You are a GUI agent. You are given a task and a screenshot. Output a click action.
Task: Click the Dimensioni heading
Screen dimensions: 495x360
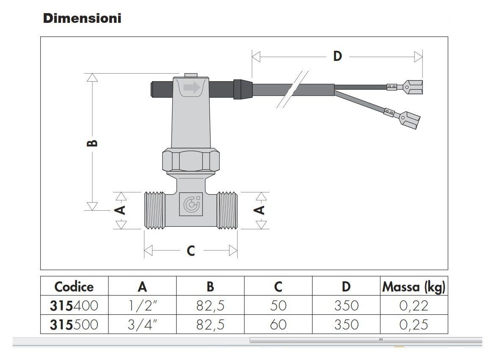click(x=82, y=18)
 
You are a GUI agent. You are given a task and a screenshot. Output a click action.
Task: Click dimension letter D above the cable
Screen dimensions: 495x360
click(x=337, y=57)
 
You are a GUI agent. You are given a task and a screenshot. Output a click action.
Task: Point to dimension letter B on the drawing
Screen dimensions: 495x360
click(x=92, y=143)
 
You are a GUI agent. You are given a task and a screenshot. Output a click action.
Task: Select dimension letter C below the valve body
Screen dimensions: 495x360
click(x=191, y=251)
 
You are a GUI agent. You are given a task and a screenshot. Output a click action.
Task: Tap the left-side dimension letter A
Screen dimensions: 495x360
click(x=121, y=210)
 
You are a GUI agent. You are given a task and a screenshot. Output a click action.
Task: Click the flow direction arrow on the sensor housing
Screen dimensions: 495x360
click(x=192, y=88)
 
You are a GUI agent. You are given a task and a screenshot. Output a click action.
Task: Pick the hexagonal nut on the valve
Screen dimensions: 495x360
click(x=191, y=160)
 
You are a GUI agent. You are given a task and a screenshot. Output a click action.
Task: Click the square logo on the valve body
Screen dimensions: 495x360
click(x=191, y=204)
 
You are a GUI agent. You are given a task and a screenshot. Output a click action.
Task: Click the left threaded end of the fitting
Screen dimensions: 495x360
click(x=155, y=210)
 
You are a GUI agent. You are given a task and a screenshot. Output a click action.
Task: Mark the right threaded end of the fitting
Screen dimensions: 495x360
click(x=227, y=210)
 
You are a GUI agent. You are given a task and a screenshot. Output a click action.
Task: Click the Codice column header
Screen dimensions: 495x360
click(x=74, y=287)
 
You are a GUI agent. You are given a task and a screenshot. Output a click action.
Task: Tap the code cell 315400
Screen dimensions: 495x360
click(x=74, y=306)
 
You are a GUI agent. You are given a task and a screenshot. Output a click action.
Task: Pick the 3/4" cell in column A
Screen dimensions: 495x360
click(x=142, y=324)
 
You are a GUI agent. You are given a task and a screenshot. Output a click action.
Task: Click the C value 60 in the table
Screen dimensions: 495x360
click(x=278, y=324)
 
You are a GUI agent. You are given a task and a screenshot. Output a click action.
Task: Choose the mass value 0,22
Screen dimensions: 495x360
click(x=414, y=306)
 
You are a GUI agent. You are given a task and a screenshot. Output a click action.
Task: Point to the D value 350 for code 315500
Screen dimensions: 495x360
click(x=346, y=324)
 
